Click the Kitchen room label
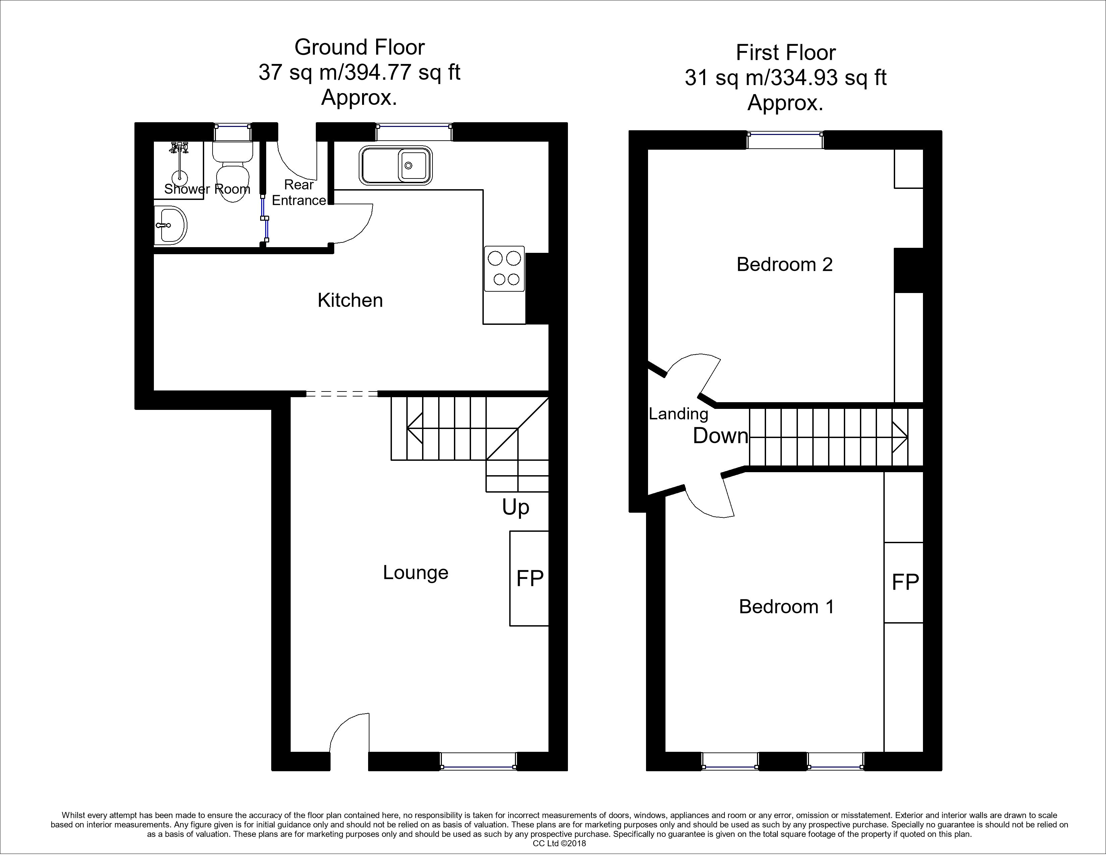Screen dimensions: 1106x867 350,300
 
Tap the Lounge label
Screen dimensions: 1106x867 416,573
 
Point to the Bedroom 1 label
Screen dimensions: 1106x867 787,606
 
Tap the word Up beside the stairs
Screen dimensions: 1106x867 516,507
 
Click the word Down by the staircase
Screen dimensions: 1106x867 720,436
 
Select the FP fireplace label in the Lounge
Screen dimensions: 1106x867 530,578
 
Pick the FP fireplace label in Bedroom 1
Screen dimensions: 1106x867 905,582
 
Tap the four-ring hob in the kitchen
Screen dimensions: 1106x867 504,269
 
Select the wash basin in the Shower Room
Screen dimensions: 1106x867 171,225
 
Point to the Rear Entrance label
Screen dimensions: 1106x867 299,192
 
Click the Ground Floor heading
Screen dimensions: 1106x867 359,47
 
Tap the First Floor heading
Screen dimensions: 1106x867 785,53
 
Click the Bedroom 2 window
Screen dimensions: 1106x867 785,140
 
